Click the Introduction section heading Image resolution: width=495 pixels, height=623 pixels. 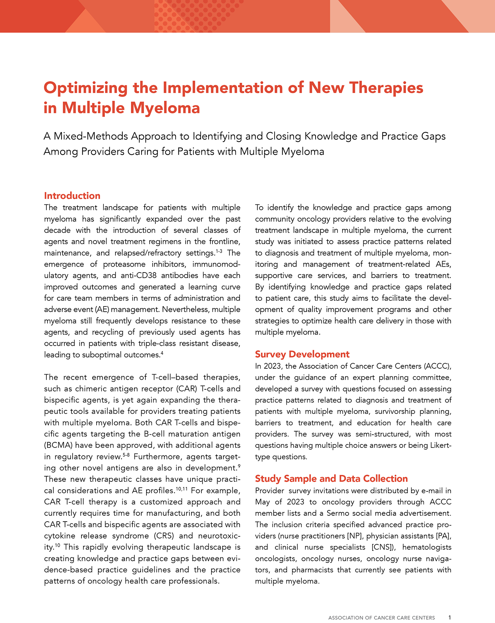point(72,196)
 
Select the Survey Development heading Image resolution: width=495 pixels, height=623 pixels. point(302,354)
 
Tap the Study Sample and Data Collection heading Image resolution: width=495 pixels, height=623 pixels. point(331,479)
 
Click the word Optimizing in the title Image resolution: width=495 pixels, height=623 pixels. point(85,88)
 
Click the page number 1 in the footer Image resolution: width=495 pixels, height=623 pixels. point(450,618)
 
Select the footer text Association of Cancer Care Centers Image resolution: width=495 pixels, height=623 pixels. point(381,618)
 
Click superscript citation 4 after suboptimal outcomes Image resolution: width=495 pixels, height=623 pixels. point(162,353)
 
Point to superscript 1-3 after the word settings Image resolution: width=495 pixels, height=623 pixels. point(219,251)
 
